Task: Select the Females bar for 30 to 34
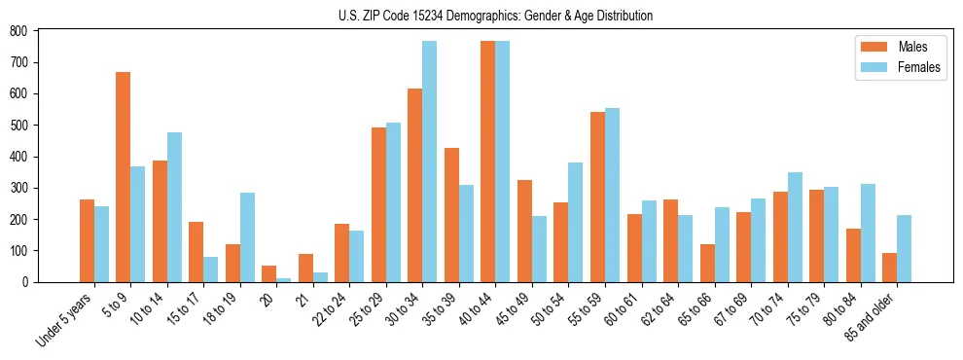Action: (x=430, y=162)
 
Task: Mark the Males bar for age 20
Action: (x=269, y=273)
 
